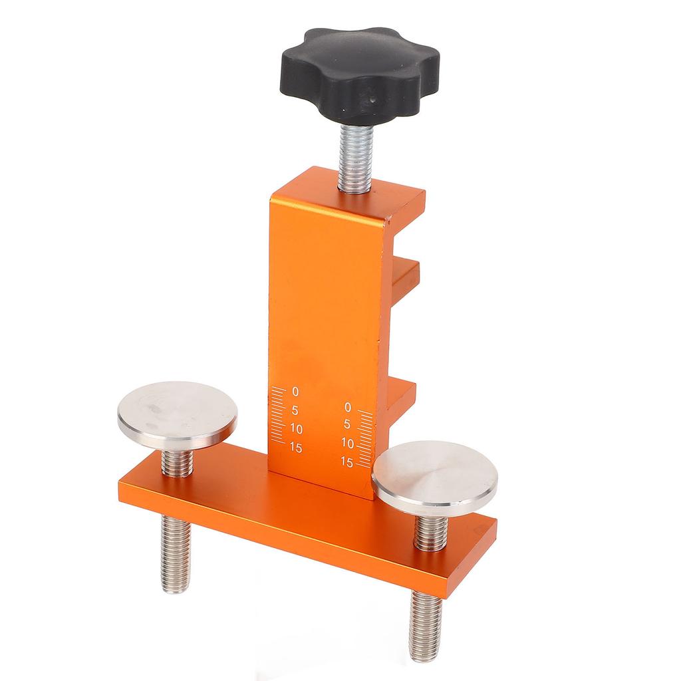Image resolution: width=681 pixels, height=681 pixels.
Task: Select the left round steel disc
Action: coord(177,414)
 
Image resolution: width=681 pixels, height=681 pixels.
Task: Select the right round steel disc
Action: coord(435,477)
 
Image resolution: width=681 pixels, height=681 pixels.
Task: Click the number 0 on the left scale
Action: coord(295,391)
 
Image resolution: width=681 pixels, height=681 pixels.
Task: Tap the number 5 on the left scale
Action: coord(295,410)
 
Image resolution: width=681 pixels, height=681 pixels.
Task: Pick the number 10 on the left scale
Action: coord(295,429)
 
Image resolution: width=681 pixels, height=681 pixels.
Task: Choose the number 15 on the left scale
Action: coord(295,448)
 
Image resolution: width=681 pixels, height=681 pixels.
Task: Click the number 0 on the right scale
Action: coord(346,406)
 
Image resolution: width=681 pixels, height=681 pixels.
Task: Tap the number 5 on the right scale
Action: coord(346,424)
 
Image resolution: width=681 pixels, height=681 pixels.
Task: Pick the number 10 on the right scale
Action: coord(346,442)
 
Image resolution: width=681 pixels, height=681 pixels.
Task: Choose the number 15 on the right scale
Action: coord(346,461)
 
